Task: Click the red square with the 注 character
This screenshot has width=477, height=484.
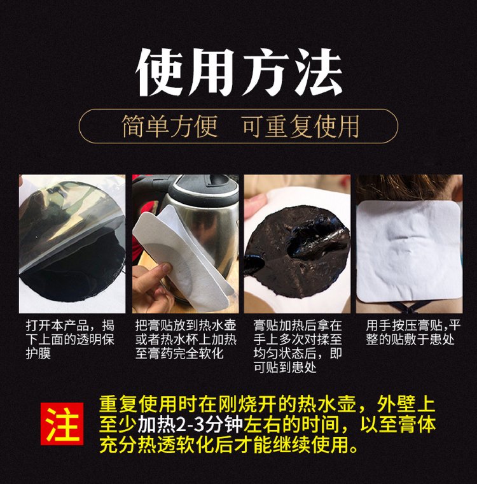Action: coord(62,423)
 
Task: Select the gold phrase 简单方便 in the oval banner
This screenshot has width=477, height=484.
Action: coord(170,126)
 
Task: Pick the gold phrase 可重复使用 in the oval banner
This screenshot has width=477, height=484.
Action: coord(301,126)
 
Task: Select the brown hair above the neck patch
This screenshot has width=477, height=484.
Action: coord(408,189)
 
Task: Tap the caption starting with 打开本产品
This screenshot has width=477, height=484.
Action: coord(71,339)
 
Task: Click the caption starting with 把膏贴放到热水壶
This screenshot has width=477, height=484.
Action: coord(186,339)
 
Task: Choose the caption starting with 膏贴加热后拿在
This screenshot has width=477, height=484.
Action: coord(298,346)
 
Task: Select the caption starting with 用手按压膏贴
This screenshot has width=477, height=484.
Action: coord(413,332)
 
